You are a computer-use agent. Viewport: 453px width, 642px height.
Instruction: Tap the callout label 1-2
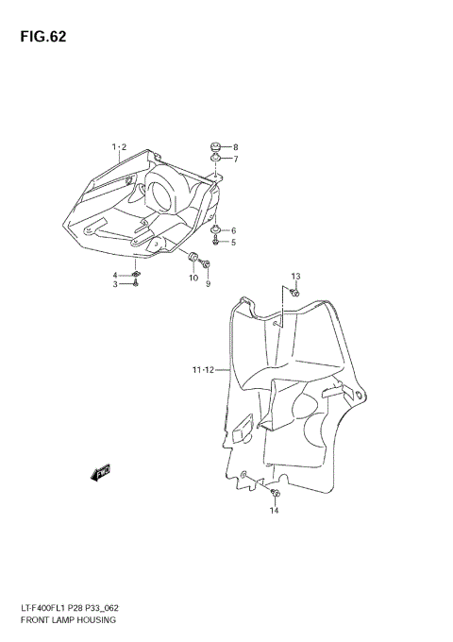[x=119, y=147]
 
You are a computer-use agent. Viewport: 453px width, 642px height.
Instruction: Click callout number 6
[x=233, y=230]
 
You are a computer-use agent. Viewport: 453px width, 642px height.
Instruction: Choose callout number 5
[x=233, y=243]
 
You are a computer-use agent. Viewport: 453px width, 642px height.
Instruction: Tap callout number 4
[x=116, y=275]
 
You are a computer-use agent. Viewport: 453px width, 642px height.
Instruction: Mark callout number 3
[x=116, y=284]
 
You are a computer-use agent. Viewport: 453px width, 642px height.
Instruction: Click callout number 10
[x=193, y=279]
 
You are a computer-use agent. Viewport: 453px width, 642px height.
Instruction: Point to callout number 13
[x=295, y=277]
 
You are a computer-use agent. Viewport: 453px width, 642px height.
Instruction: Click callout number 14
[x=275, y=511]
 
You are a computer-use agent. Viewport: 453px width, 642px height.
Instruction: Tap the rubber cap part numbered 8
[x=216, y=147]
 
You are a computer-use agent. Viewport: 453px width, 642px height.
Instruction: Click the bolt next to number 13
[x=294, y=295]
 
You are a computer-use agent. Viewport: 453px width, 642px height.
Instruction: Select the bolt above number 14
[x=275, y=494]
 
